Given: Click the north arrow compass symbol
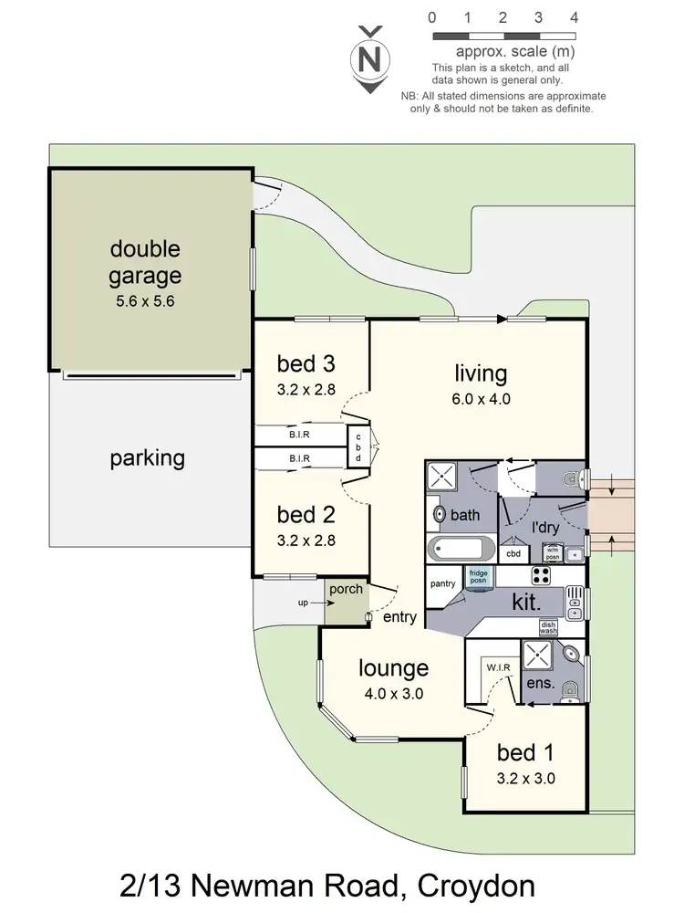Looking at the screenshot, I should [369, 60].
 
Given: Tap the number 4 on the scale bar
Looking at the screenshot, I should [574, 16].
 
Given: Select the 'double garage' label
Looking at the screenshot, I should [146, 261].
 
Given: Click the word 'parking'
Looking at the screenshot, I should [148, 457].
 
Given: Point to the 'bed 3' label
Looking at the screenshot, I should [306, 364].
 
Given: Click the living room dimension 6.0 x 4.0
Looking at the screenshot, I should [481, 398].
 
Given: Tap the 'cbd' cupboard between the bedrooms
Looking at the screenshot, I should [358, 446].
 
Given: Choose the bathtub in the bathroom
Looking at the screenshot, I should [461, 551].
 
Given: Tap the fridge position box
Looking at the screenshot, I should [479, 577].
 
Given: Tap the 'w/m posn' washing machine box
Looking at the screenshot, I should [552, 552].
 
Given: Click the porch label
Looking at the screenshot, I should [346, 589].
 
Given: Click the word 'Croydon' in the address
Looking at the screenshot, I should [474, 885].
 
